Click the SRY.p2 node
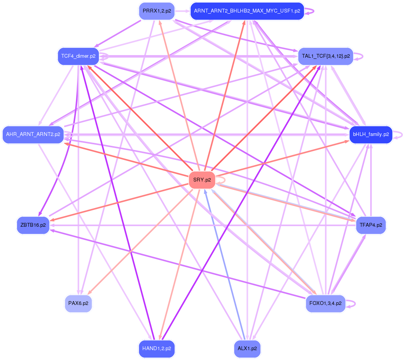[202, 180]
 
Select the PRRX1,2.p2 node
[156, 11]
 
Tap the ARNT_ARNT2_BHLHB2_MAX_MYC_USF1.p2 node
[247, 11]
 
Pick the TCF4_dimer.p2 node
[78, 56]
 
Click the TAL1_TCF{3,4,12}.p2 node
[325, 56]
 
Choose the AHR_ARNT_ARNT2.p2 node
[33, 134]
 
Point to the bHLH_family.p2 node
[371, 134]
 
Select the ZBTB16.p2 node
[33, 225]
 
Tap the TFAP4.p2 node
[371, 225]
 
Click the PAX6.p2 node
[78, 304]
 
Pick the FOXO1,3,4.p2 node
[325, 304]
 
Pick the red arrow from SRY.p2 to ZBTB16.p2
[122, 201]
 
